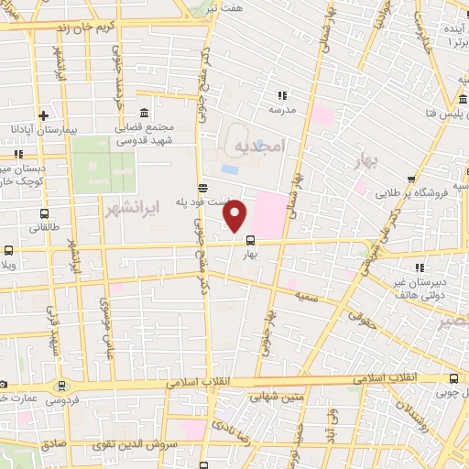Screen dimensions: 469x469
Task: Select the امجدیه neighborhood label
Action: [260, 147]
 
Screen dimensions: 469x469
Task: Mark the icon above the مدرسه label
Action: [281, 94]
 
